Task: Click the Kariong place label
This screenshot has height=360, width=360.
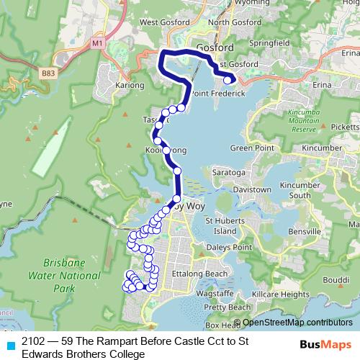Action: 130,85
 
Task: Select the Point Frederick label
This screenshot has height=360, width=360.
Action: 220,94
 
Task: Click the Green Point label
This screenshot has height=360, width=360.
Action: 248,148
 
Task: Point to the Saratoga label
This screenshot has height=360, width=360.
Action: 228,174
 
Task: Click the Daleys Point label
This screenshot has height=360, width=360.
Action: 231,247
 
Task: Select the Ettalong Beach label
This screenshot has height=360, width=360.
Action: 197,274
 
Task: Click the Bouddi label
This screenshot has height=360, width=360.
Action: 337,279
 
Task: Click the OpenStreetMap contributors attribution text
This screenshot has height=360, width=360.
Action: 292,323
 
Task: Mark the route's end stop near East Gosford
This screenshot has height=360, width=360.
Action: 228,80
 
